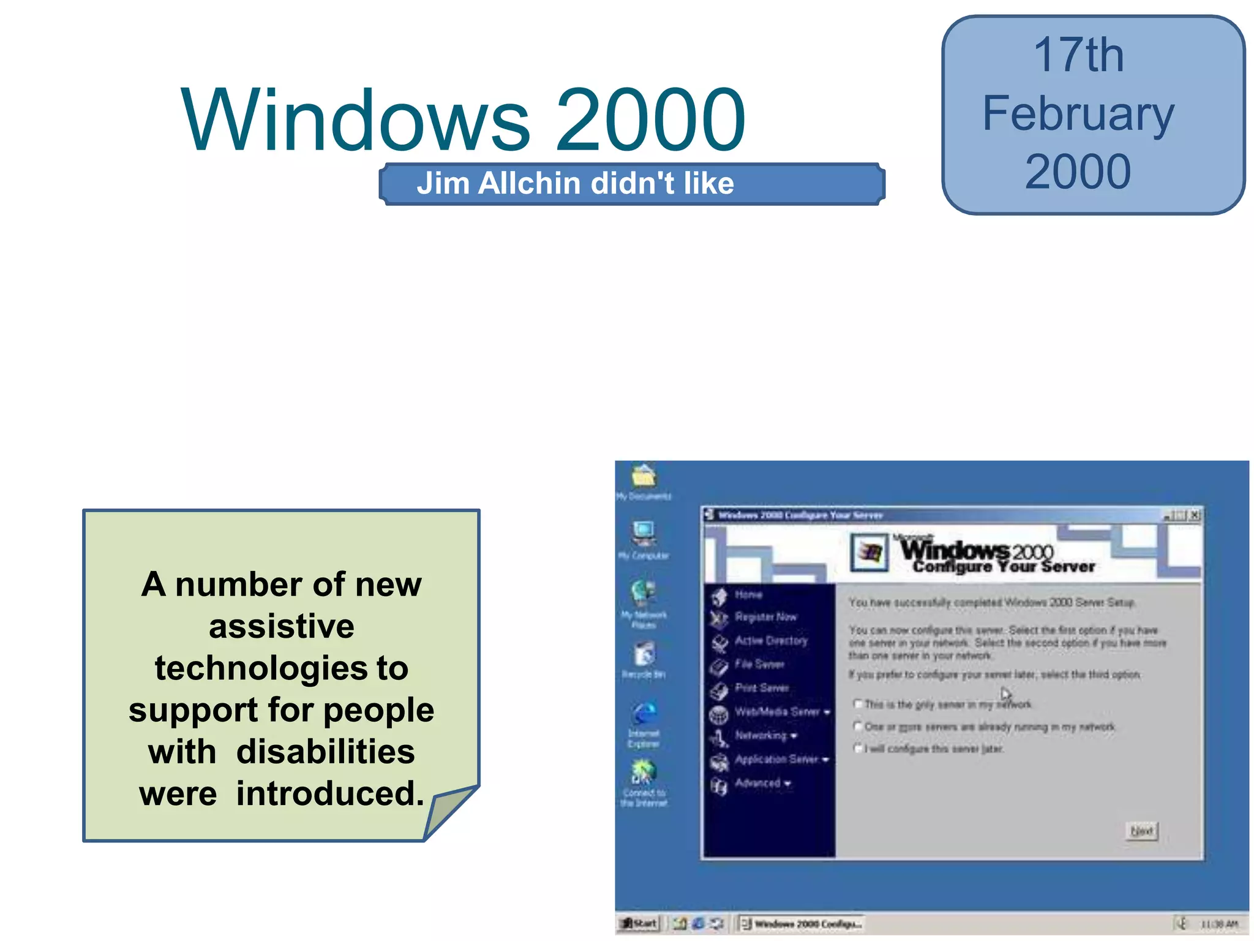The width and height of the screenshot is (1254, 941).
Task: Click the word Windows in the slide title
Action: (355, 120)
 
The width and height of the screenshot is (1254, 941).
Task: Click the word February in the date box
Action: (1078, 114)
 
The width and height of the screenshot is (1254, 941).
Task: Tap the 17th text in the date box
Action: (1078, 55)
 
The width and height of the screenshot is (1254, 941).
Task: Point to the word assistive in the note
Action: (281, 626)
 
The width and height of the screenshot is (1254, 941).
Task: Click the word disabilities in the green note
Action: (325, 752)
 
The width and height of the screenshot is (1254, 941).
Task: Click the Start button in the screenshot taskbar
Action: (639, 923)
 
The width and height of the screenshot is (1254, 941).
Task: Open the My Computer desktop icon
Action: (644, 534)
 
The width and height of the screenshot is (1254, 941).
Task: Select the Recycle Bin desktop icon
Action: (644, 654)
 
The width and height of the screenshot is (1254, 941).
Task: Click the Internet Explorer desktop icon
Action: (644, 714)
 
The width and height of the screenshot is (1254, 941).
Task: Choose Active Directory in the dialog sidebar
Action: (770, 641)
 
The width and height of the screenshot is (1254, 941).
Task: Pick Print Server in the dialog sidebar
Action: (761, 688)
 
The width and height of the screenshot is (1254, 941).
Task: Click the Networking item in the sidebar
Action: (761, 735)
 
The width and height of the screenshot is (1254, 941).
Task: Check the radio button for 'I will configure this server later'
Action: (858, 748)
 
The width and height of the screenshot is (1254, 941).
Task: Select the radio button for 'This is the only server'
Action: (858, 704)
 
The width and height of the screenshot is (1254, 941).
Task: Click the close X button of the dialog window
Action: (1195, 515)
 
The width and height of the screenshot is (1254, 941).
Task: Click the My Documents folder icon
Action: (644, 476)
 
